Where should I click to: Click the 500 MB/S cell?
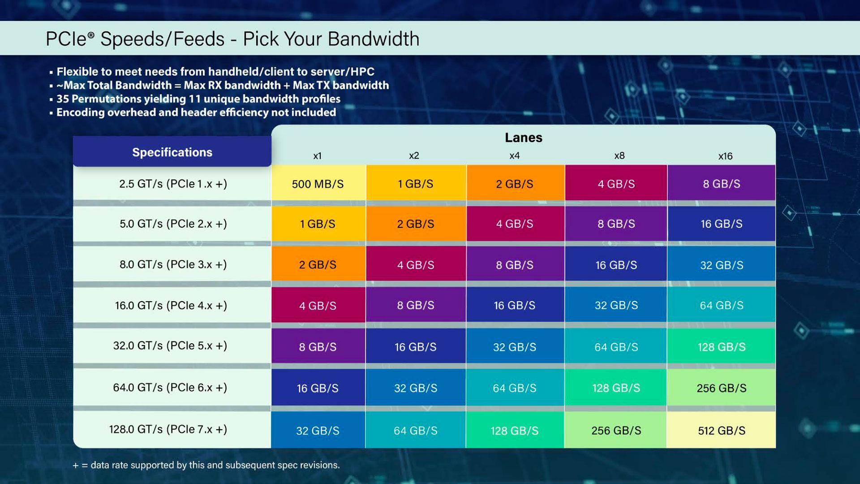[318, 184]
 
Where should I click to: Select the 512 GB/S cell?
[721, 430]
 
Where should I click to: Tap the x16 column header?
[725, 156]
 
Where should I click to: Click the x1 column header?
[317, 156]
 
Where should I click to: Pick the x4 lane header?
[514, 156]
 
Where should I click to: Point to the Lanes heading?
[523, 138]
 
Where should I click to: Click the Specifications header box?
[172, 152]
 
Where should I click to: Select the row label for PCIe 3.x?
[173, 264]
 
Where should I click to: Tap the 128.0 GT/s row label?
[168, 429]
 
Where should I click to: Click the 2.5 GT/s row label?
[173, 184]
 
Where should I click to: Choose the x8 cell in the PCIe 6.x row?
[616, 388]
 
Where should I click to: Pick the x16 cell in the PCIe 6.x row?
[721, 388]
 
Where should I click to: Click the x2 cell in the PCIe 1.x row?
[415, 184]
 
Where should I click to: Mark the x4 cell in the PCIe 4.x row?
[514, 305]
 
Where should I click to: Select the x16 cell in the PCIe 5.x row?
[721, 347]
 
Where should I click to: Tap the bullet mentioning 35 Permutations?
[198, 99]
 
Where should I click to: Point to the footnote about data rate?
[206, 465]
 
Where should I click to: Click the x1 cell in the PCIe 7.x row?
[318, 430]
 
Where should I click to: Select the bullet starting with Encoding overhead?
[196, 112]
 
